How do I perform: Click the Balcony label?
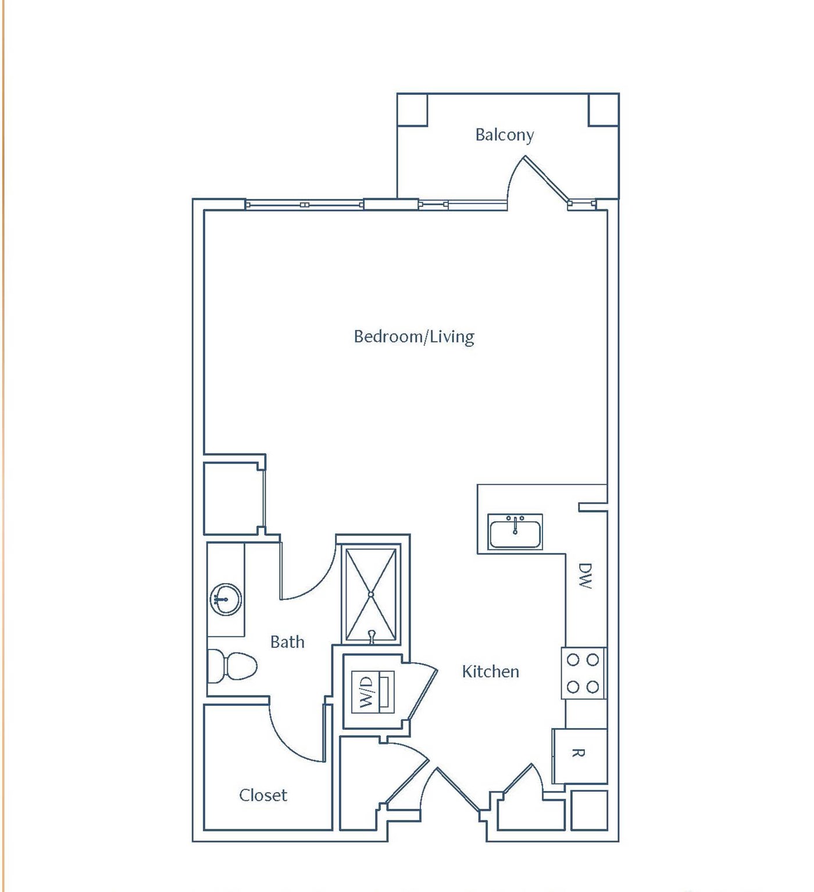[x=505, y=135]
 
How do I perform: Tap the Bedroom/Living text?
[x=413, y=337]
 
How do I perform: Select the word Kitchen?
[x=490, y=672]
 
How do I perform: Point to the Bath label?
[x=287, y=641]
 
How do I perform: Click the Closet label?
[x=263, y=795]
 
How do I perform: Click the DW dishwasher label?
[x=585, y=576]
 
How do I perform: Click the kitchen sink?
[x=515, y=532]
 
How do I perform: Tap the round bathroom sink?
[x=226, y=600]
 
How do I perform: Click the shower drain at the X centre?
[x=371, y=594]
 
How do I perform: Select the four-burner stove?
[x=583, y=673]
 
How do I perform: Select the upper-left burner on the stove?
[x=573, y=660]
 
